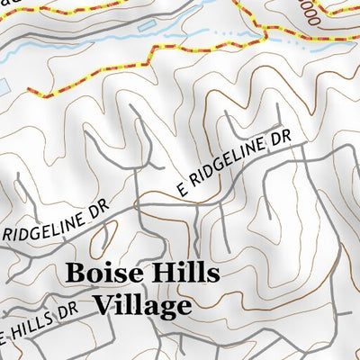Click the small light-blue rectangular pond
(x=4, y=86)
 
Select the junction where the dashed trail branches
(x=266, y=34)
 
